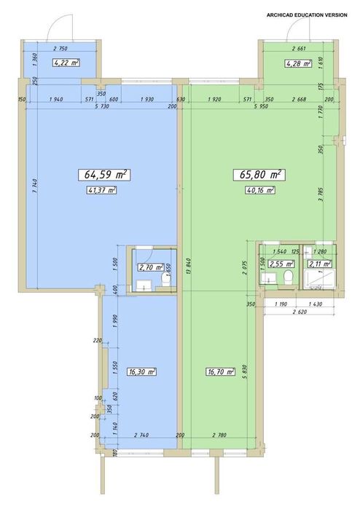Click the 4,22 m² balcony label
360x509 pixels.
tap(66, 63)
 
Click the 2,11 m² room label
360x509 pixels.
tap(319, 264)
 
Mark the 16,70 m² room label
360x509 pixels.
tap(220, 371)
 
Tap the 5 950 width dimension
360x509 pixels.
tap(260, 107)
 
